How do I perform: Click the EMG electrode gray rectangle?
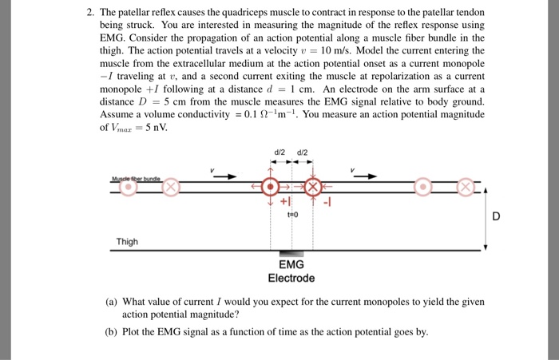[x=291, y=254]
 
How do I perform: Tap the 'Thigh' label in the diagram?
[x=127, y=242]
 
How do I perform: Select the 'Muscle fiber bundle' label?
[x=136, y=179]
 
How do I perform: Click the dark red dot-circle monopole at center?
[x=271, y=187]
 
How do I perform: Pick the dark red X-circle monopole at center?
[x=313, y=187]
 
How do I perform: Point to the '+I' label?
[x=286, y=201]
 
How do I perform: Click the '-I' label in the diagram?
[x=327, y=203]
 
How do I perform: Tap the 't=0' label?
[x=293, y=215]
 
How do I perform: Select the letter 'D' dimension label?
[x=496, y=216]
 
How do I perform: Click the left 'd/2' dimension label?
[x=279, y=152]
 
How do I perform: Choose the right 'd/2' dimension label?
[x=303, y=152]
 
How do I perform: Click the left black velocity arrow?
[x=225, y=176]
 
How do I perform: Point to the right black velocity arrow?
[x=365, y=176]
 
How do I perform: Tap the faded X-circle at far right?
[x=466, y=187]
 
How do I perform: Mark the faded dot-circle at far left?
[x=129, y=187]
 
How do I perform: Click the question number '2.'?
[x=90, y=13]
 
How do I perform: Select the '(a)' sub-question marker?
[x=111, y=302]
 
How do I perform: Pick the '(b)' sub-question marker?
[x=111, y=332]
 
